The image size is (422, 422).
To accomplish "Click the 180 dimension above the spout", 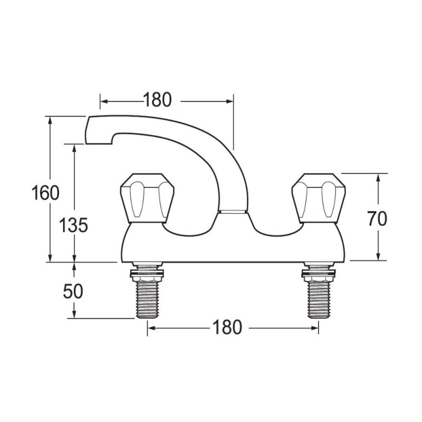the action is pos(157,100).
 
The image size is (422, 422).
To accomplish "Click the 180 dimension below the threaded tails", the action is pos(227,327).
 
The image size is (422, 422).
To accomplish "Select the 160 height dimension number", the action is pos(45,193).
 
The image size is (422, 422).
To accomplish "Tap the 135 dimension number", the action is pos(73,225).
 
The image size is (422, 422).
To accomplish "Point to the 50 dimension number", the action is pos(73,292).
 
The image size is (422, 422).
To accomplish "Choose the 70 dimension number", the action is pos(377,218).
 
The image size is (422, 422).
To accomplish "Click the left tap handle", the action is pos(147,198).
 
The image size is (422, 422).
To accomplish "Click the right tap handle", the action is pos(319,198).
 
